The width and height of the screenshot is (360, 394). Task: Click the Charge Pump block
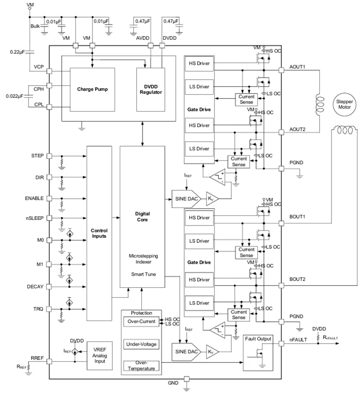point(92,89)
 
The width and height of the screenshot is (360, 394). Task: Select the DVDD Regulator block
point(151,89)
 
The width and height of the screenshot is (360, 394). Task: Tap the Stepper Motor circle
point(344,104)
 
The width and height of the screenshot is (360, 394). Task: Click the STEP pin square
point(50,156)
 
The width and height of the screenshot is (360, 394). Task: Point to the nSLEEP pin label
point(35,218)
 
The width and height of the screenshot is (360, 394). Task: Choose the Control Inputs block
point(99,233)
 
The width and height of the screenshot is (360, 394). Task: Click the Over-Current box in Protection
point(141,322)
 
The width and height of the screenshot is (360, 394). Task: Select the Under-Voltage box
point(141,344)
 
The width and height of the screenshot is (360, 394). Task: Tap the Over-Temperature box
point(141,366)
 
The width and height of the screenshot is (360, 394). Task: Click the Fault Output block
point(258,353)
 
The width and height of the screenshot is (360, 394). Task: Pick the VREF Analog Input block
point(100,356)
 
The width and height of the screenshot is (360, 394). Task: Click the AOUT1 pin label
point(297,67)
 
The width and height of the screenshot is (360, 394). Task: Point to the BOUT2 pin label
point(298,279)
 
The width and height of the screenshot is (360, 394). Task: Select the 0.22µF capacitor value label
point(18,52)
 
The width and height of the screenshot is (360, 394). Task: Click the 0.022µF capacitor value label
point(14,96)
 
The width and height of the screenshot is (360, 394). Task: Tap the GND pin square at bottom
point(186,379)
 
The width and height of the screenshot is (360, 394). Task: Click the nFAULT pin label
point(298,340)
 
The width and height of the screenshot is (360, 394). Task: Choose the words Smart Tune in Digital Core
point(143,274)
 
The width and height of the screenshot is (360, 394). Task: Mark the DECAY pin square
point(50,287)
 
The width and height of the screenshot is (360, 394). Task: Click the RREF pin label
point(37,358)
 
